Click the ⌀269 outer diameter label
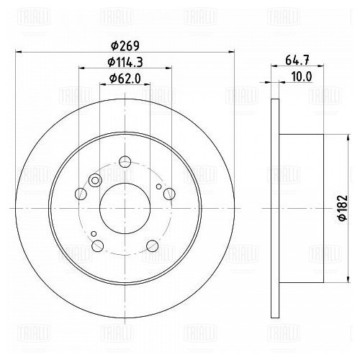125,45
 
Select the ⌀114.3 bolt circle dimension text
125,63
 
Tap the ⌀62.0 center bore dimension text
125,78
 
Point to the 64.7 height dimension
297,60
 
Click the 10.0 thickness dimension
302,77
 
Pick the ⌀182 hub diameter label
343,208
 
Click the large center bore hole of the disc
125,208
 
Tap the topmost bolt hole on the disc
125,161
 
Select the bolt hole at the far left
81,194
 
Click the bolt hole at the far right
169,194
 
